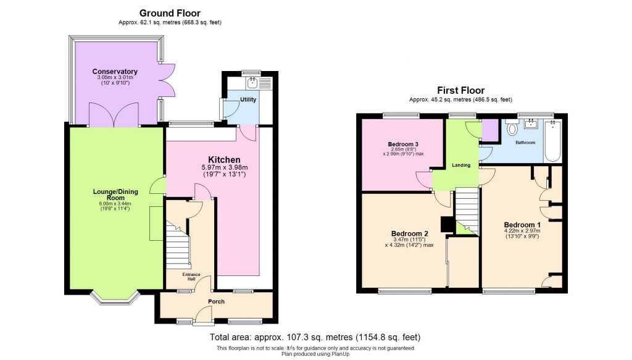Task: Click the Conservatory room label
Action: [x=115, y=72]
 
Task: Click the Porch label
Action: [x=216, y=301]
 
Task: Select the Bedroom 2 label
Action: [x=410, y=233]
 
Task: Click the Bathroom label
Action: [x=526, y=143]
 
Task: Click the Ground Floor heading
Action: [x=170, y=13]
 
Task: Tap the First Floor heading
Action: [x=460, y=90]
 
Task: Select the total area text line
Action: [x=315, y=337]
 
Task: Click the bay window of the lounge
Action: [x=109, y=298]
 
